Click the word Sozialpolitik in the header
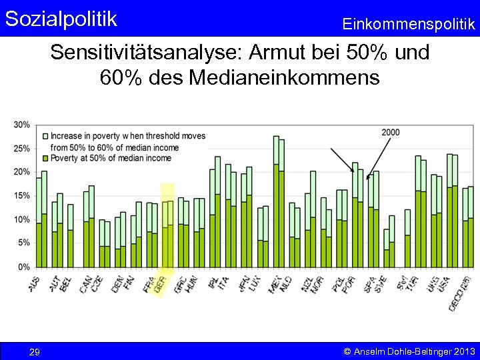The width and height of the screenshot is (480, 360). click(61, 18)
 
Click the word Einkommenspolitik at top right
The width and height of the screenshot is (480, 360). click(409, 24)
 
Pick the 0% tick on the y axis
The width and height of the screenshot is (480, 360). click(23, 267)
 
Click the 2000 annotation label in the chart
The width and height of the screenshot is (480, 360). click(391, 133)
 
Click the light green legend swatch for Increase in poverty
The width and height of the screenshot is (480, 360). click(45, 136)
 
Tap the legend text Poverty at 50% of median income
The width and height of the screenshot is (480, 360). click(111, 158)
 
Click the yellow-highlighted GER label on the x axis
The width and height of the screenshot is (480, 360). click(161, 285)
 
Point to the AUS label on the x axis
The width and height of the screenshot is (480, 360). click(35, 283)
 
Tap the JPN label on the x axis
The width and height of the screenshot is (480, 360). click(243, 283)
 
